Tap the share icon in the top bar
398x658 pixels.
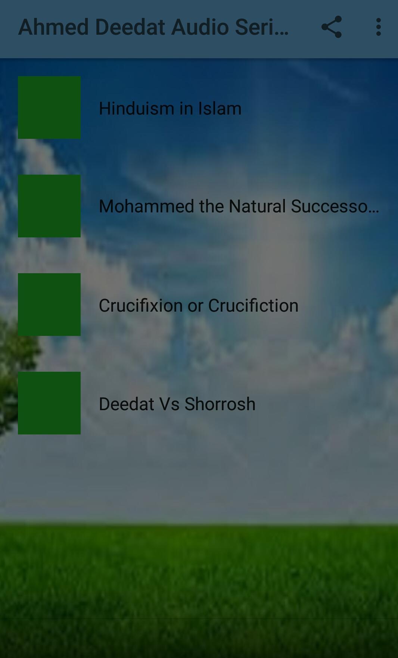332,27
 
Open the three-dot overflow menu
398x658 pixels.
379,27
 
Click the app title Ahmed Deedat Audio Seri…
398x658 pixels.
153,27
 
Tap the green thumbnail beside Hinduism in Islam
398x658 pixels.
49,107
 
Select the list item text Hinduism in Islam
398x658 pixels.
170,108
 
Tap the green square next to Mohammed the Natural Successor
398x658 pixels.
49,206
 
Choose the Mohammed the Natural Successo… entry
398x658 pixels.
239,206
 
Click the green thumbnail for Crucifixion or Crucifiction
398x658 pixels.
49,305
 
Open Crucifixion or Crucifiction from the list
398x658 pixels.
199,305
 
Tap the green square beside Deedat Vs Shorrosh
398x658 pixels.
49,403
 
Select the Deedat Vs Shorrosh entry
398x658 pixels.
177,404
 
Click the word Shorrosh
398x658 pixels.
220,404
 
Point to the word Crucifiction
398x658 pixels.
254,305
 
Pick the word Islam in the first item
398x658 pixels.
220,108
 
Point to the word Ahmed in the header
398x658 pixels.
53,27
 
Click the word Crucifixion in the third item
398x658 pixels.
141,305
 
